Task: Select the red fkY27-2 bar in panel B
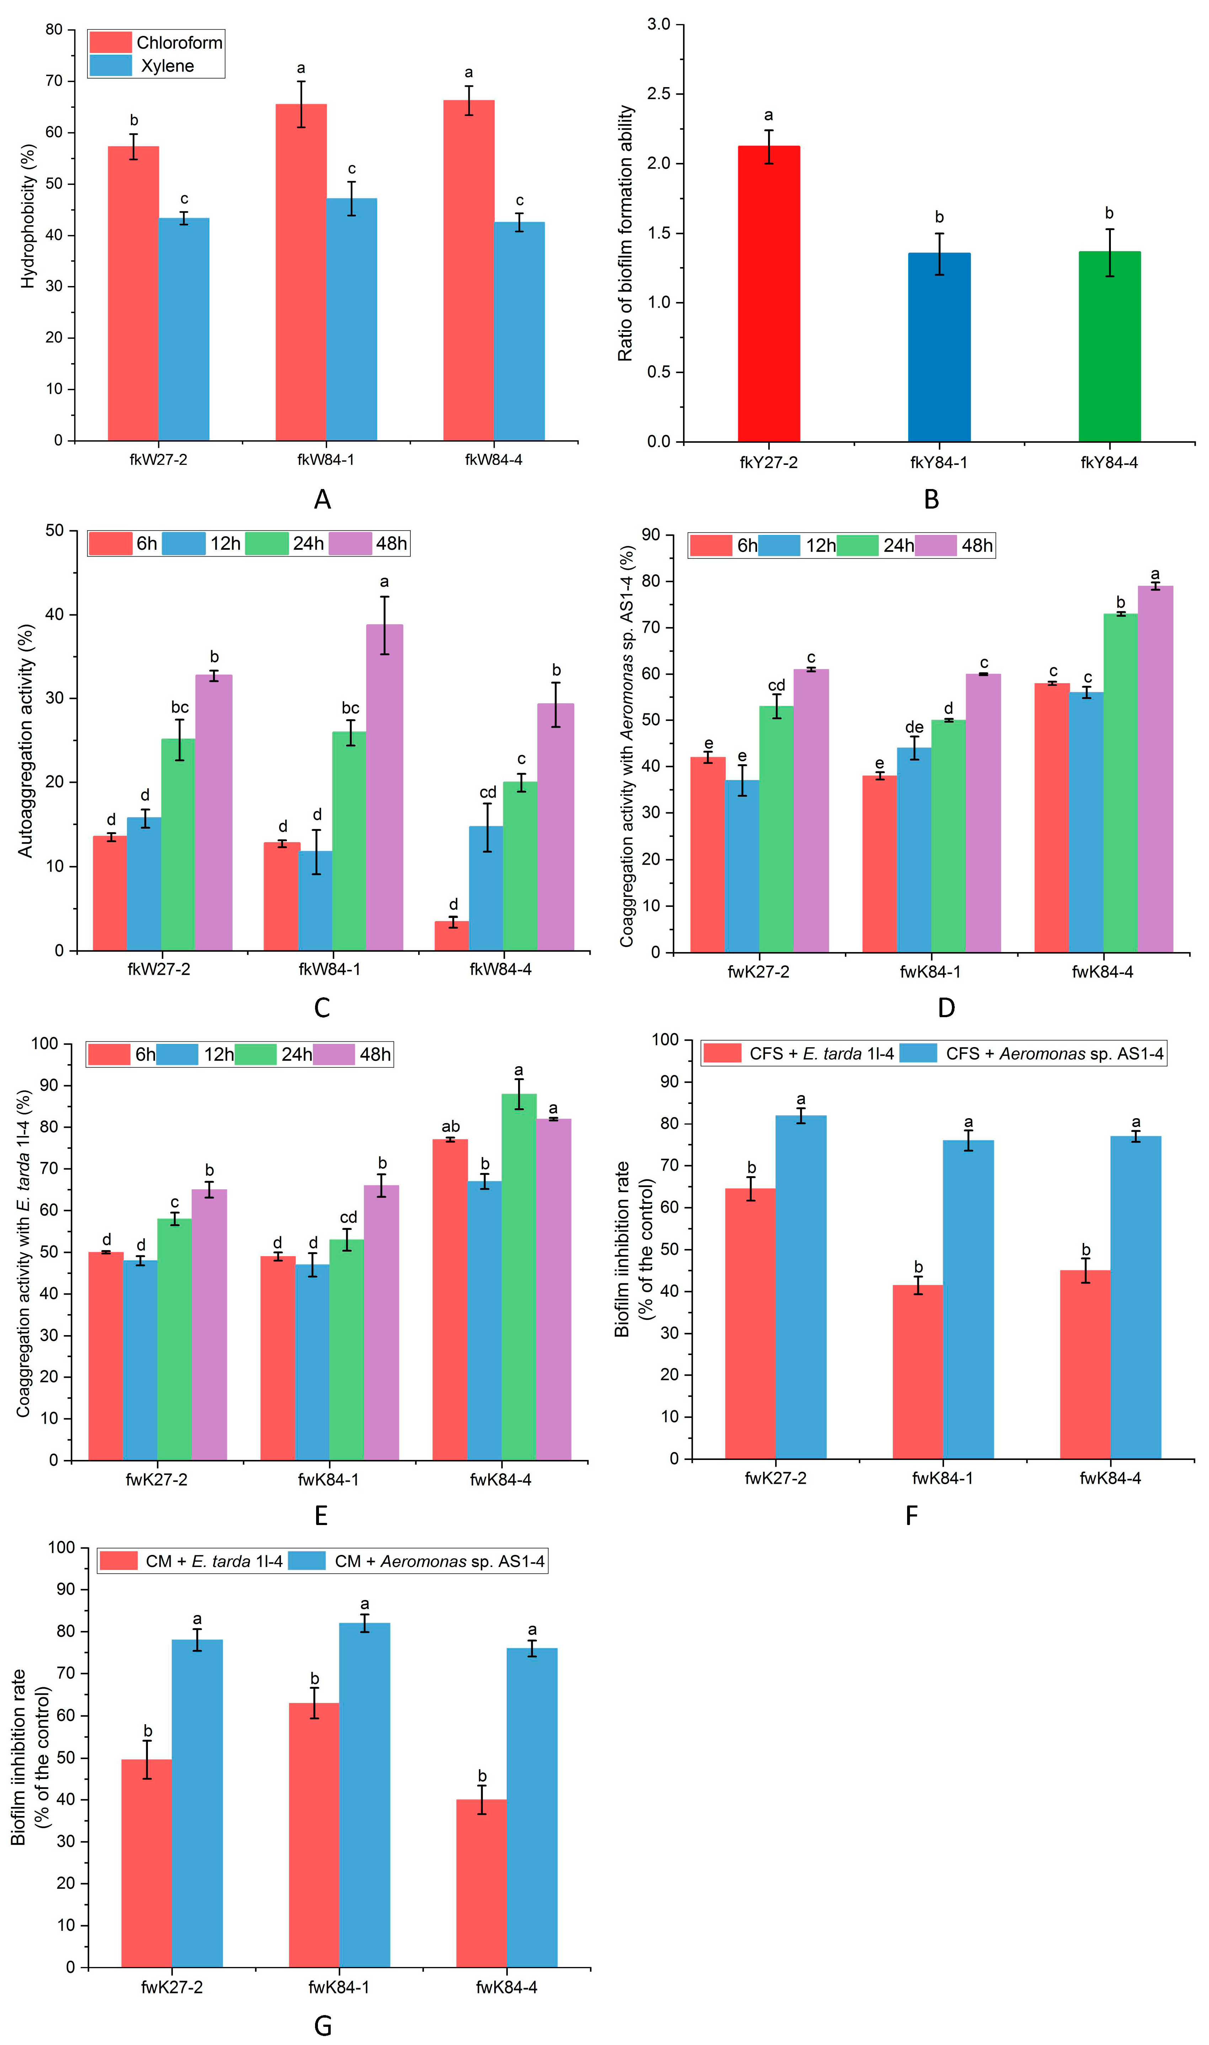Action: (x=768, y=293)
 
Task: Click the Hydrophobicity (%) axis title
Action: (x=28, y=216)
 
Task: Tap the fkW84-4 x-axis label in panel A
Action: (x=494, y=460)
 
